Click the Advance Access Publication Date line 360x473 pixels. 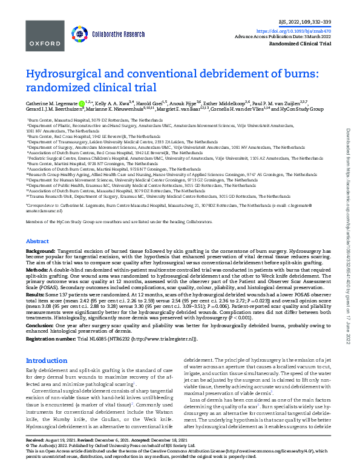click(x=292, y=37)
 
